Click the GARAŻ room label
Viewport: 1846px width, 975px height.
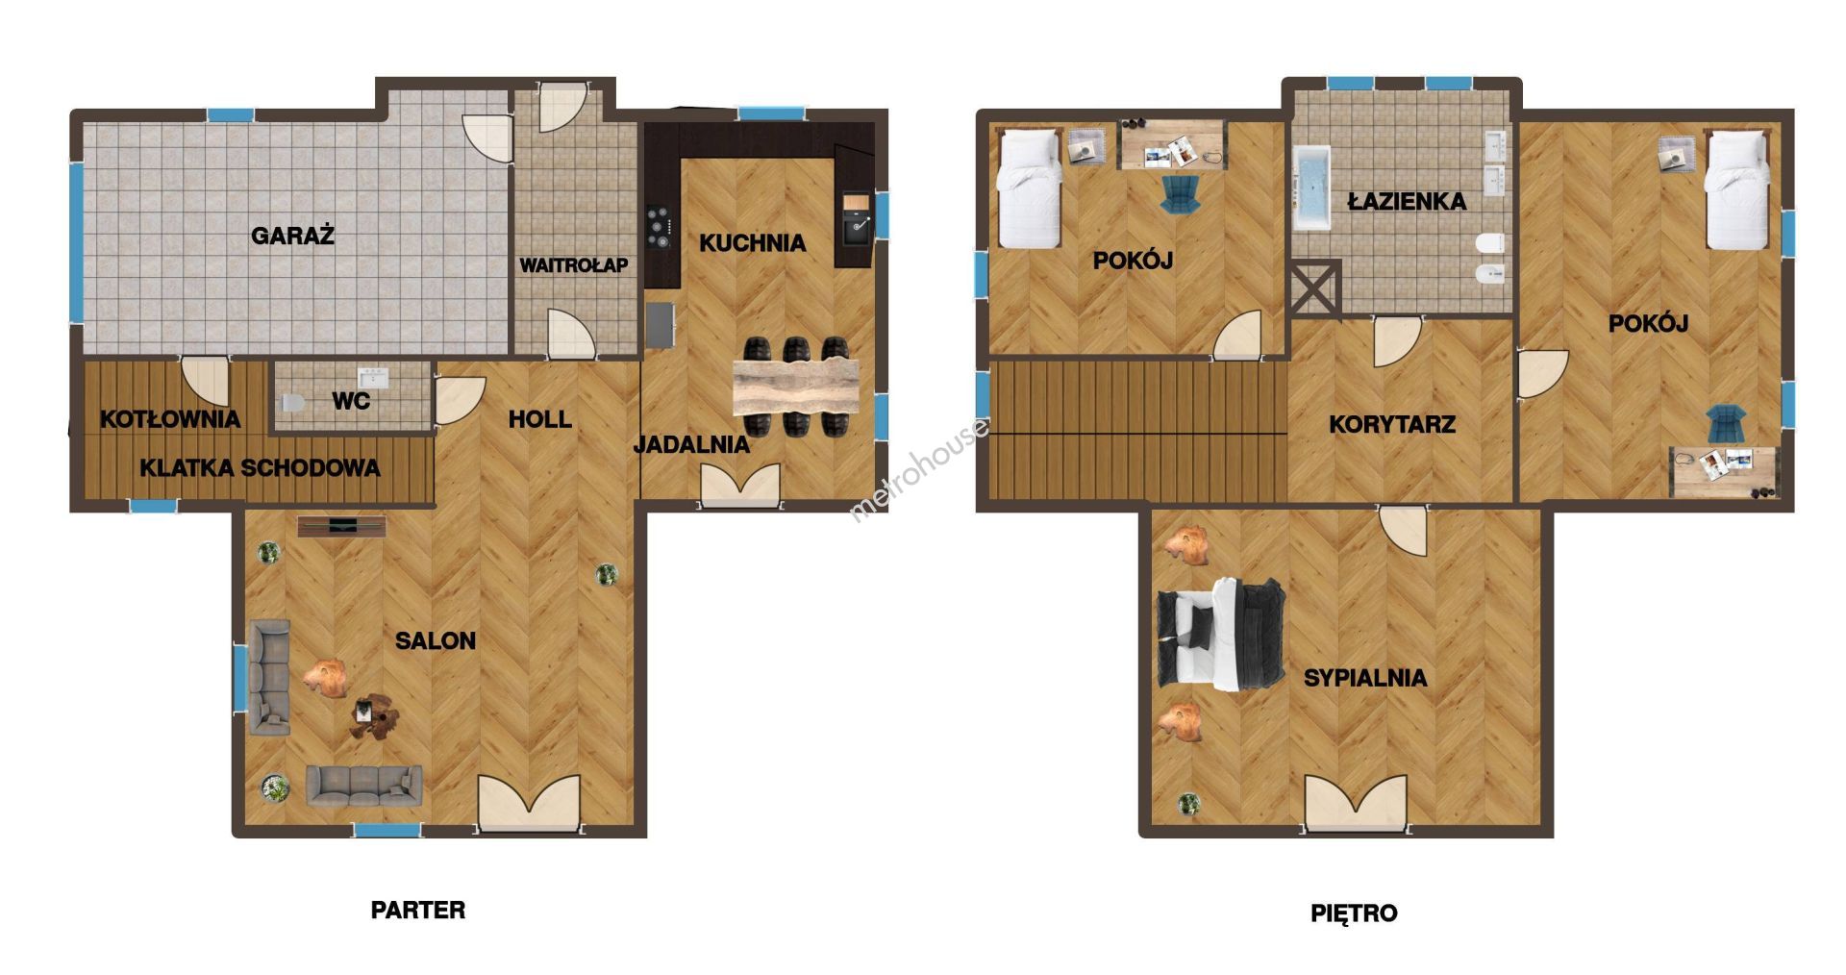[292, 236]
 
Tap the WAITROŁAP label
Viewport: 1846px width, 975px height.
[574, 265]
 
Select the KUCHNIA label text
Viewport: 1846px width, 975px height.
[752, 243]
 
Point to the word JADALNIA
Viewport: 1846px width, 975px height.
[691, 444]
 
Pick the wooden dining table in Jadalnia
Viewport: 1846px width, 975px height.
[795, 386]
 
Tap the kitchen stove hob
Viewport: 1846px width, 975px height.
[658, 228]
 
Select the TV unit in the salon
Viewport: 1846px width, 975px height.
[341, 525]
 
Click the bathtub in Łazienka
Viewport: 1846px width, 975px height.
[1311, 188]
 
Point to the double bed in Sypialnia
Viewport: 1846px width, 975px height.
[1221, 635]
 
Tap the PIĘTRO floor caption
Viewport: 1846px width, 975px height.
[1354, 912]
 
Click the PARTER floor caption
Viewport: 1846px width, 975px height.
[418, 910]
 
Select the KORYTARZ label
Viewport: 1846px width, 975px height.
[1391, 424]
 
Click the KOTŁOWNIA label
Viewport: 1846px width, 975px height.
[170, 419]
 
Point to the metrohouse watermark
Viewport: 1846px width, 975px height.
[918, 469]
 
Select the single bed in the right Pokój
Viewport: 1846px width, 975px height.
[1737, 190]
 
